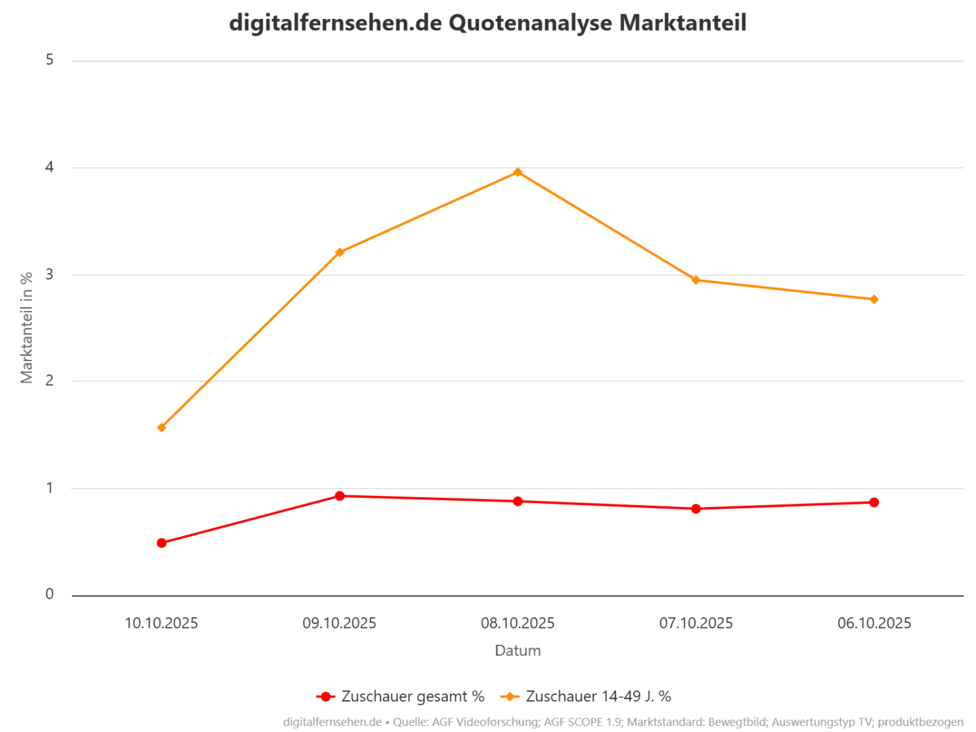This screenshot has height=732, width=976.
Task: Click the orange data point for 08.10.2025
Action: click(x=517, y=172)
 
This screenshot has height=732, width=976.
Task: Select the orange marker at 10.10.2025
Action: click(x=161, y=427)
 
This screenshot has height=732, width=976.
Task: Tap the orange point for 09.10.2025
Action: click(x=339, y=252)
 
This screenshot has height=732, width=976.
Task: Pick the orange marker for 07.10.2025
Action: click(x=696, y=280)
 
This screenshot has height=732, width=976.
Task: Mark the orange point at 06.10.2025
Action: click(x=874, y=299)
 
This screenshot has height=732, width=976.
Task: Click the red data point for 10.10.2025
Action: click(x=161, y=543)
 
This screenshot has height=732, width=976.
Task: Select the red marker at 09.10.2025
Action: click(x=339, y=496)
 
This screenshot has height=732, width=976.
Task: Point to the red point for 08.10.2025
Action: click(x=517, y=501)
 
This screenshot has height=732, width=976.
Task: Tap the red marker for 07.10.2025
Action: click(x=696, y=509)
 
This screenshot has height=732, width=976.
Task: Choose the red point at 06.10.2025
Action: click(x=874, y=502)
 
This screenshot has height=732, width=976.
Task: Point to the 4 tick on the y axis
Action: click(x=49, y=168)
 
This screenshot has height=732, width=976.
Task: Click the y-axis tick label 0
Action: click(x=49, y=594)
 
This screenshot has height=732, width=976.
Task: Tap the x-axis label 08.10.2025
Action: click(x=517, y=623)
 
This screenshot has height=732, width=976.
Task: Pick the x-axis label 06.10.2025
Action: click(x=874, y=623)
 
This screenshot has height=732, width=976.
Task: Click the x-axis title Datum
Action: click(x=517, y=651)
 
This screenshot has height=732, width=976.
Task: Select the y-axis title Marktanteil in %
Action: click(x=27, y=327)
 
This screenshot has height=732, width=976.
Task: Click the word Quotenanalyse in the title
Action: click(x=530, y=23)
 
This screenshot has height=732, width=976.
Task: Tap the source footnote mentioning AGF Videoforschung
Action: click(x=623, y=722)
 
